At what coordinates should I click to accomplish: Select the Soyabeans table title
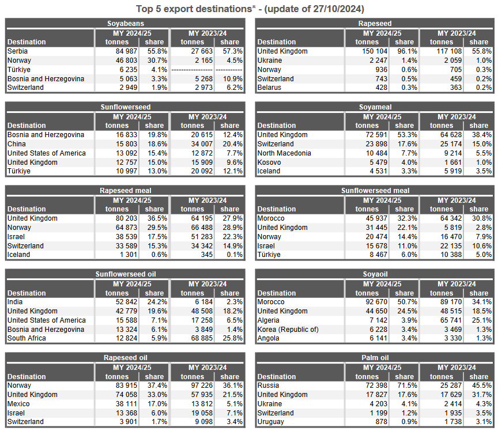[126, 24]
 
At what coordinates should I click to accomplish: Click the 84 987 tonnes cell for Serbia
[126, 51]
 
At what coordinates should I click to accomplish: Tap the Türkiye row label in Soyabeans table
[19, 70]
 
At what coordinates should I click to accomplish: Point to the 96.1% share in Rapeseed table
[407, 51]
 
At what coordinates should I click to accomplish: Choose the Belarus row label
[269, 88]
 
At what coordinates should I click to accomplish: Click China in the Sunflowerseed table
[17, 144]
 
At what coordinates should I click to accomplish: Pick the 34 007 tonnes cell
[202, 144]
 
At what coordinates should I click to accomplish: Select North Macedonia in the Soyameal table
[284, 153]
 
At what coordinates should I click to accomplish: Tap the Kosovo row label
[269, 162]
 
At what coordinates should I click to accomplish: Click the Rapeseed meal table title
[126, 191]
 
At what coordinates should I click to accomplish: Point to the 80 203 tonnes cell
[126, 218]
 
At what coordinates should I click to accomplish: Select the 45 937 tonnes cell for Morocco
[376, 218]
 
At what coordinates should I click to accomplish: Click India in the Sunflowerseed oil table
[15, 302]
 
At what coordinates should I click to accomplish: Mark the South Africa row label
[27, 338]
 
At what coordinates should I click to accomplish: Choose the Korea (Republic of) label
[288, 330]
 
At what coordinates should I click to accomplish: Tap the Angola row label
[269, 338]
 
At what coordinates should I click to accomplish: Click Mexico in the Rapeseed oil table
[18, 404]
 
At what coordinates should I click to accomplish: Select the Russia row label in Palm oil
[268, 385]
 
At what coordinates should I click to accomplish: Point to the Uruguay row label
[270, 421]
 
